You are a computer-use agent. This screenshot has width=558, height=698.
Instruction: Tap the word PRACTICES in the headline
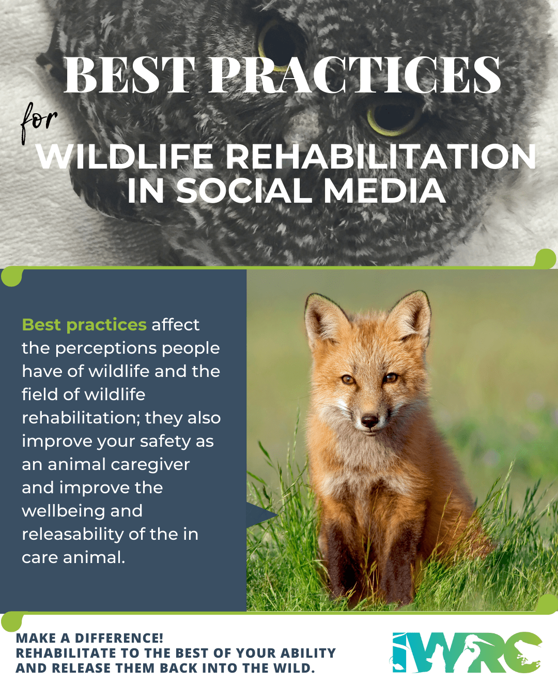click(355, 74)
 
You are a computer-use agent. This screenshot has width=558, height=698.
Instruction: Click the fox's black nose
click(369, 421)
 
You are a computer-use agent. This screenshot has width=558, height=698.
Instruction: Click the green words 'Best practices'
click(84, 325)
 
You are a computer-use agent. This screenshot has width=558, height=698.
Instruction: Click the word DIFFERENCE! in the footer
click(119, 638)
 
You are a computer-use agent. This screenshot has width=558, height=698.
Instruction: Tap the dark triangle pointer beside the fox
click(261, 515)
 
